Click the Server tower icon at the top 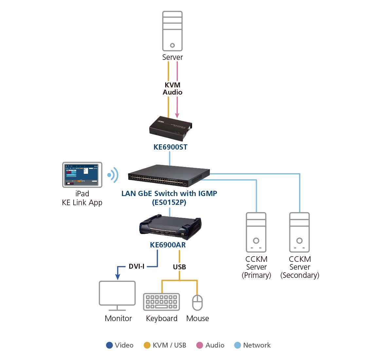point(172,31)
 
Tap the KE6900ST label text point(170,147)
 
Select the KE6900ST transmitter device point(170,128)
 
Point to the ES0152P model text point(169,202)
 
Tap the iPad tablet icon point(82,175)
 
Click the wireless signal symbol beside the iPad point(113,175)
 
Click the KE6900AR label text point(168,245)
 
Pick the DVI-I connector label point(136,266)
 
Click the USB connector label point(179,267)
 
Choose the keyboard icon point(162,302)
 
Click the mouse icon point(197,302)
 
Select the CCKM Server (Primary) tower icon point(256,232)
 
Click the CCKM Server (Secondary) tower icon point(299,232)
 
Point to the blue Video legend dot point(110,345)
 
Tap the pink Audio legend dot point(200,345)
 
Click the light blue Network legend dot point(238,345)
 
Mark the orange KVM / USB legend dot point(147,345)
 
